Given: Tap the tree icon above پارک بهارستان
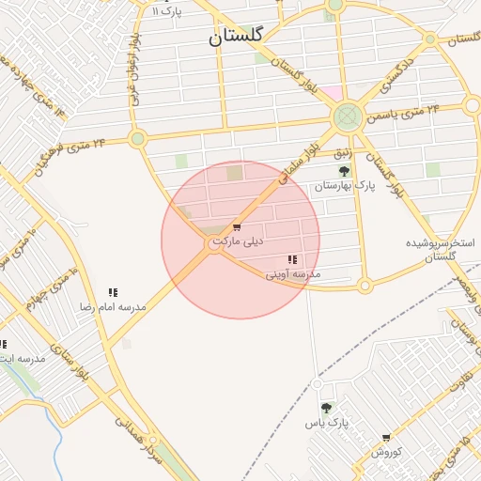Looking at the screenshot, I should pos(344,171).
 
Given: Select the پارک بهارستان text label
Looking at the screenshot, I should pos(344,186).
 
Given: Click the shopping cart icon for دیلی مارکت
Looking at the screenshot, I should pos(236,226).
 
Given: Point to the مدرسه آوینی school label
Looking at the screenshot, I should pos(292,274).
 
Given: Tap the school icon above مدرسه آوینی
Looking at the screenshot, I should pos(292,259).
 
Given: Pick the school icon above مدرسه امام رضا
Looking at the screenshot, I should pos(113,293).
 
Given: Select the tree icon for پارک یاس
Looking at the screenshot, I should pos(325,408).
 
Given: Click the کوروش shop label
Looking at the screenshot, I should pos(386,452).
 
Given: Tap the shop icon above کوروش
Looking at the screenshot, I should pos(386,437).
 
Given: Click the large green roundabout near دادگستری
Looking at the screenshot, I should pos(348,117).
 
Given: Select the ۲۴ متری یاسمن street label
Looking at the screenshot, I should pos(407,113).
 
